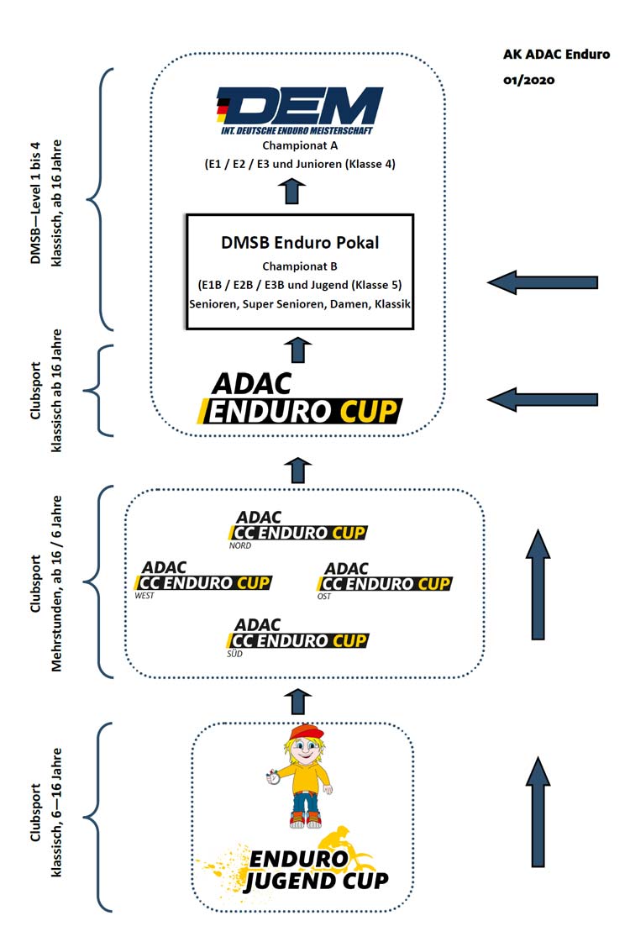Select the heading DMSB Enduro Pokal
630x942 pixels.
point(299,243)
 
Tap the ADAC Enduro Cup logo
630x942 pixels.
point(299,398)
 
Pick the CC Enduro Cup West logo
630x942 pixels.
point(203,579)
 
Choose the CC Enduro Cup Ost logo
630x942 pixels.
point(387,579)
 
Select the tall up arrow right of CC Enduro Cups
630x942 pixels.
point(538,583)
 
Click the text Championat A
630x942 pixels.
point(300,145)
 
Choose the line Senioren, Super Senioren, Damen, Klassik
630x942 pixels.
point(300,303)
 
